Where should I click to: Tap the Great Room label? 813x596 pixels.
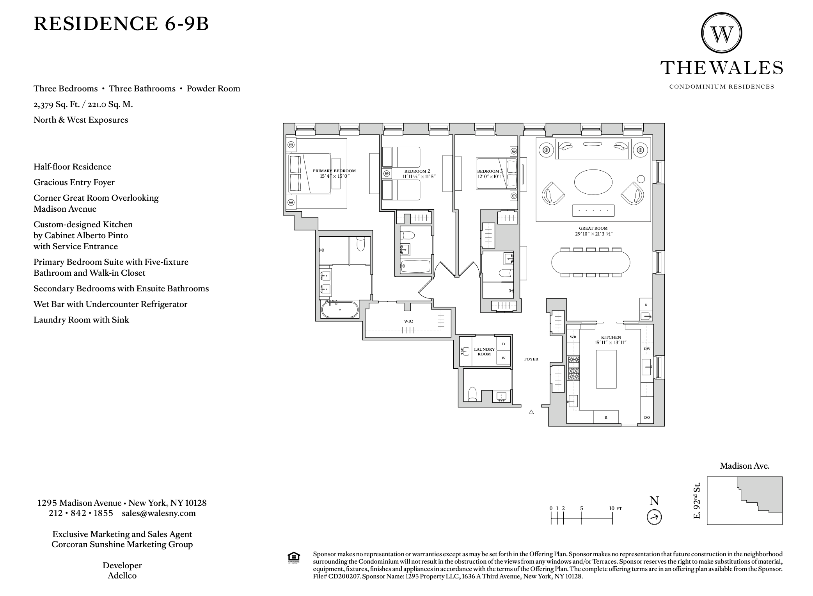[x=593, y=228]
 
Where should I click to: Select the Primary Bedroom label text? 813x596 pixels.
[x=334, y=171]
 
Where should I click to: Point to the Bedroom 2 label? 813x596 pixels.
[x=417, y=171]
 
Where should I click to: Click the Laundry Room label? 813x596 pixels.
[x=484, y=352]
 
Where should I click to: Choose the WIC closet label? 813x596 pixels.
[x=408, y=321]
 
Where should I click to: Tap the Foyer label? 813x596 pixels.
[x=531, y=359]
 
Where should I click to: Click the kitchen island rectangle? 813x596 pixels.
[x=606, y=369]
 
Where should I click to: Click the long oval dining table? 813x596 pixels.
[x=591, y=262]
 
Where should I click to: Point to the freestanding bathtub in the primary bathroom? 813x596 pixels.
[x=339, y=309]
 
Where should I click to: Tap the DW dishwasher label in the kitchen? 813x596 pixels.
[x=647, y=349]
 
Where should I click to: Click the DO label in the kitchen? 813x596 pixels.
[x=647, y=418]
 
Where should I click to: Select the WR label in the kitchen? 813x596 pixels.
[x=573, y=337]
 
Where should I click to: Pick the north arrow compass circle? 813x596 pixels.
[x=654, y=517]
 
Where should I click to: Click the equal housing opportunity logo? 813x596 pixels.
[x=294, y=558]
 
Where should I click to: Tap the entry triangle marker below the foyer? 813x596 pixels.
[x=531, y=412]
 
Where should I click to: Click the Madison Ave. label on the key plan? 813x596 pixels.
[x=744, y=466]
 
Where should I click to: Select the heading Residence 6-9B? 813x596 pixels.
[x=121, y=23]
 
